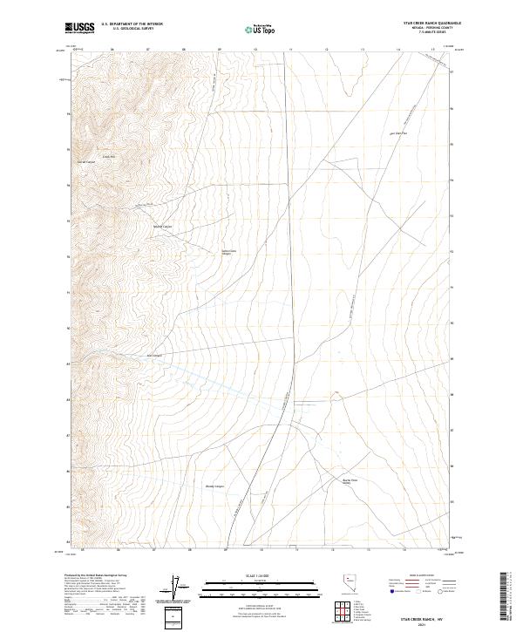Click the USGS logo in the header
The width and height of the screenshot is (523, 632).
80,28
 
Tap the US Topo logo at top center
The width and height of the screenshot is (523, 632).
261,29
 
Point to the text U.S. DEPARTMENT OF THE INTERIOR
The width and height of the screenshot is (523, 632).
132,24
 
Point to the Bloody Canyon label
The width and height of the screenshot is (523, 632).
214,486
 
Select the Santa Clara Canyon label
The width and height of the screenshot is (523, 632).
227,253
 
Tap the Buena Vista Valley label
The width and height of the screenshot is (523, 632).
350,481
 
